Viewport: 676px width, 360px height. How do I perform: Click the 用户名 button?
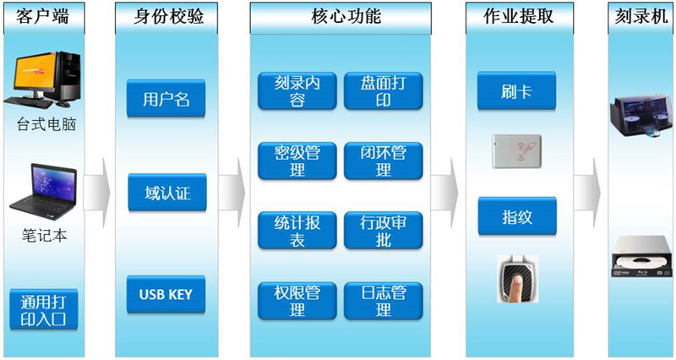pyautogui.click(x=166, y=98)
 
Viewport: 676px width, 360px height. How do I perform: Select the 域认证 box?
pyautogui.click(x=167, y=193)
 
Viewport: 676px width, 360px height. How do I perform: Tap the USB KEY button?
pyautogui.click(x=166, y=294)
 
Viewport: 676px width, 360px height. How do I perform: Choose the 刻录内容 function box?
pyautogui.click(x=297, y=91)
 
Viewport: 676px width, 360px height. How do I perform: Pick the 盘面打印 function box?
pyautogui.click(x=384, y=91)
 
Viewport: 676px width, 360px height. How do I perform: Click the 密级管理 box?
pyautogui.click(x=297, y=161)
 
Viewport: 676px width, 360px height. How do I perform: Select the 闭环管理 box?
pyautogui.click(x=384, y=161)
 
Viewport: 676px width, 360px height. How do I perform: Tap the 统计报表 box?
pyautogui.click(x=297, y=230)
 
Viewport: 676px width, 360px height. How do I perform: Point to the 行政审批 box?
pyautogui.click(x=384, y=230)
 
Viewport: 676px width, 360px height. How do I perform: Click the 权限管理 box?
pyautogui.click(x=297, y=301)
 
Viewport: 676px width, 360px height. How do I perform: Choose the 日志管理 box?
pyautogui.click(x=384, y=301)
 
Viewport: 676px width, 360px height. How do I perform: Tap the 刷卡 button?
pyautogui.click(x=516, y=90)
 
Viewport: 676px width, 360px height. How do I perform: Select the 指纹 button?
pyautogui.click(x=517, y=216)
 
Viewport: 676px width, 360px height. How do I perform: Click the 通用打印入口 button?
pyautogui.click(x=44, y=309)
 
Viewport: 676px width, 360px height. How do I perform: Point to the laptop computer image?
pyautogui.click(x=43, y=192)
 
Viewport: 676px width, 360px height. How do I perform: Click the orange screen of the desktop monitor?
pyautogui.click(x=35, y=70)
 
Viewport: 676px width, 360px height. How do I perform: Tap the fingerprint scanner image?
pyautogui.click(x=517, y=279)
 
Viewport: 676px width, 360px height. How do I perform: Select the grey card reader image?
pyautogui.click(x=516, y=151)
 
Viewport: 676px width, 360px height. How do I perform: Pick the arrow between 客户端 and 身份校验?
pyautogui.click(x=96, y=193)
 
